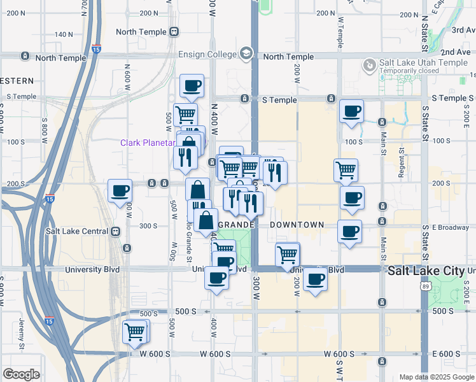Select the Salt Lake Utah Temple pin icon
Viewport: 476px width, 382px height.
tap(369, 66)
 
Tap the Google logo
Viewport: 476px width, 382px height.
tap(21, 374)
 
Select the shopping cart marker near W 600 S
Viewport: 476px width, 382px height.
tap(135, 331)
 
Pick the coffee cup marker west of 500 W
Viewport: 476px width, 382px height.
tap(119, 190)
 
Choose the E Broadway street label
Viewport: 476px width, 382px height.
tap(451, 227)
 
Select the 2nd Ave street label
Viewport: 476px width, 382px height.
tap(454, 52)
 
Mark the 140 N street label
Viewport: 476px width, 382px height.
tap(64, 34)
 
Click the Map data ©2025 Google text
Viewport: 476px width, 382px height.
tap(436, 377)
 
